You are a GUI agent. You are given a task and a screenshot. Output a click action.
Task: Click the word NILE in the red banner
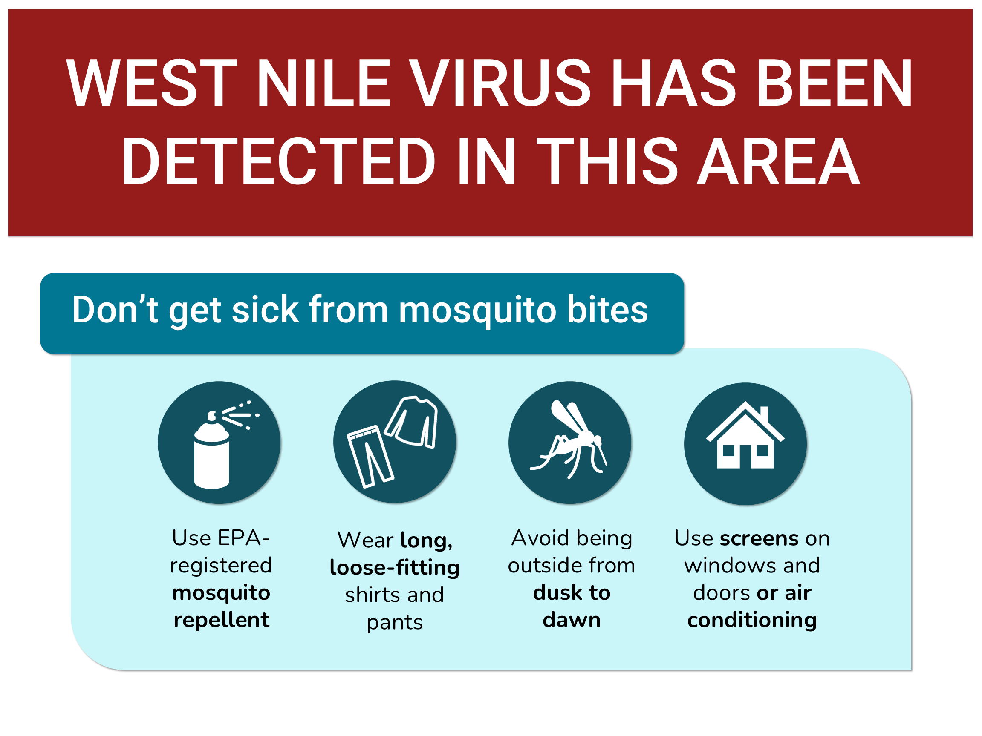pyautogui.click(x=323, y=83)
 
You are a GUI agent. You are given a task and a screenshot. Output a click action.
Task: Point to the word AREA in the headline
pyautogui.click(x=778, y=161)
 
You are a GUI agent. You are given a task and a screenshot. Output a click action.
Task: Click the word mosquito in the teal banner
pyautogui.click(x=477, y=310)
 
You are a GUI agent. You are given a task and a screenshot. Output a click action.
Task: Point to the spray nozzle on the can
pyautogui.click(x=212, y=416)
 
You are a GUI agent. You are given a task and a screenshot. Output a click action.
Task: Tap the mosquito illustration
pyautogui.click(x=569, y=439)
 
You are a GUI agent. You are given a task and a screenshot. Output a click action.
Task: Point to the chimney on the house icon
pyautogui.click(x=764, y=414)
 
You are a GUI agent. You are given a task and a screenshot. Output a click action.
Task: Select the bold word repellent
pyautogui.click(x=221, y=620)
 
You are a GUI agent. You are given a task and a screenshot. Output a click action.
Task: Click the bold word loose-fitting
pyautogui.click(x=394, y=567)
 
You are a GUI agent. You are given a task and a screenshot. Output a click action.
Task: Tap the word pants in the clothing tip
pyautogui.click(x=394, y=623)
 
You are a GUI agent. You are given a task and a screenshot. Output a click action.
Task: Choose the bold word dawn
pyautogui.click(x=572, y=620)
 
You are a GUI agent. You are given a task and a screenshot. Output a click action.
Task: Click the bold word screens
pyautogui.click(x=759, y=538)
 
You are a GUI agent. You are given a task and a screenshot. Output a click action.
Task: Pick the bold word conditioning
pyautogui.click(x=752, y=620)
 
